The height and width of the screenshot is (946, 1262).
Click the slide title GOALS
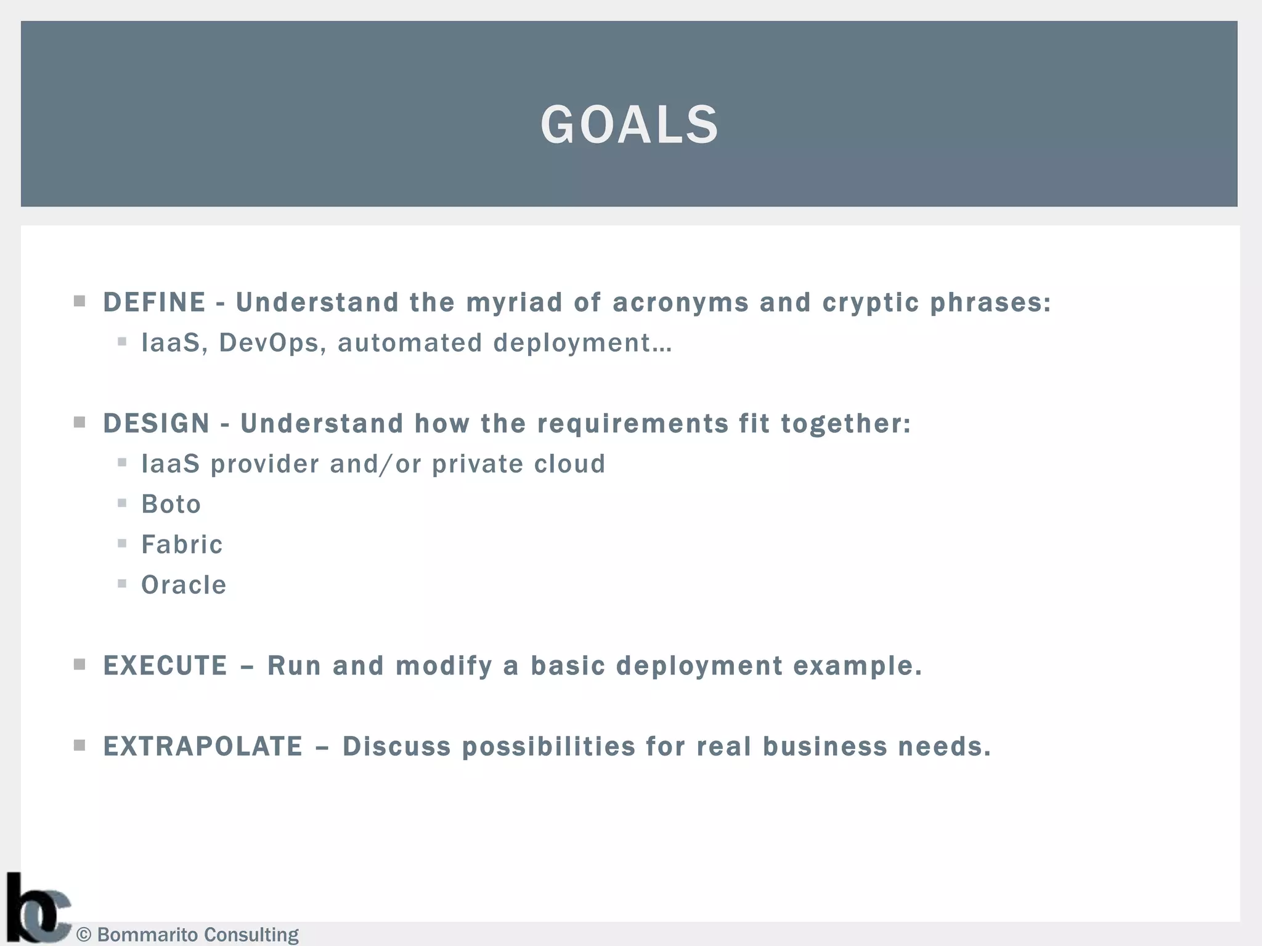pyautogui.click(x=629, y=125)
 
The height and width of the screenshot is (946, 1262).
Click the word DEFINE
pyautogui.click(x=154, y=302)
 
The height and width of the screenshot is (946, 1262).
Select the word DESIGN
pyautogui.click(x=157, y=424)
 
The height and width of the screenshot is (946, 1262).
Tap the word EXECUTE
pyautogui.click(x=165, y=666)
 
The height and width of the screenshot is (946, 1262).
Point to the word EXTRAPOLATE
pyautogui.click(x=203, y=746)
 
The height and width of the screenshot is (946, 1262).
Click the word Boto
pyautogui.click(x=171, y=504)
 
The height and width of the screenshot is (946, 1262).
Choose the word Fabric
pyautogui.click(x=182, y=544)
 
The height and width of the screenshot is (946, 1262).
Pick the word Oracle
pyautogui.click(x=184, y=585)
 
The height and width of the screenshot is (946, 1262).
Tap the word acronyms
pyautogui.click(x=680, y=302)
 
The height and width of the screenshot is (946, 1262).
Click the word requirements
pyautogui.click(x=633, y=424)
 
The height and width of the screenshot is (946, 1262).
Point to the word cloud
pyautogui.click(x=569, y=464)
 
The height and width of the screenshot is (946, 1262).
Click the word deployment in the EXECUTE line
pyautogui.click(x=699, y=666)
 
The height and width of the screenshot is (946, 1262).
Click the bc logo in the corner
pyautogui.click(x=38, y=908)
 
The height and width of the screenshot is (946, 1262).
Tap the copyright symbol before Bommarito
pyautogui.click(x=84, y=935)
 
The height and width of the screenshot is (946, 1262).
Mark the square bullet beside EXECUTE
pyautogui.click(x=79, y=665)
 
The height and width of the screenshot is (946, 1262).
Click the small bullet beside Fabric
pyautogui.click(x=122, y=543)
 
